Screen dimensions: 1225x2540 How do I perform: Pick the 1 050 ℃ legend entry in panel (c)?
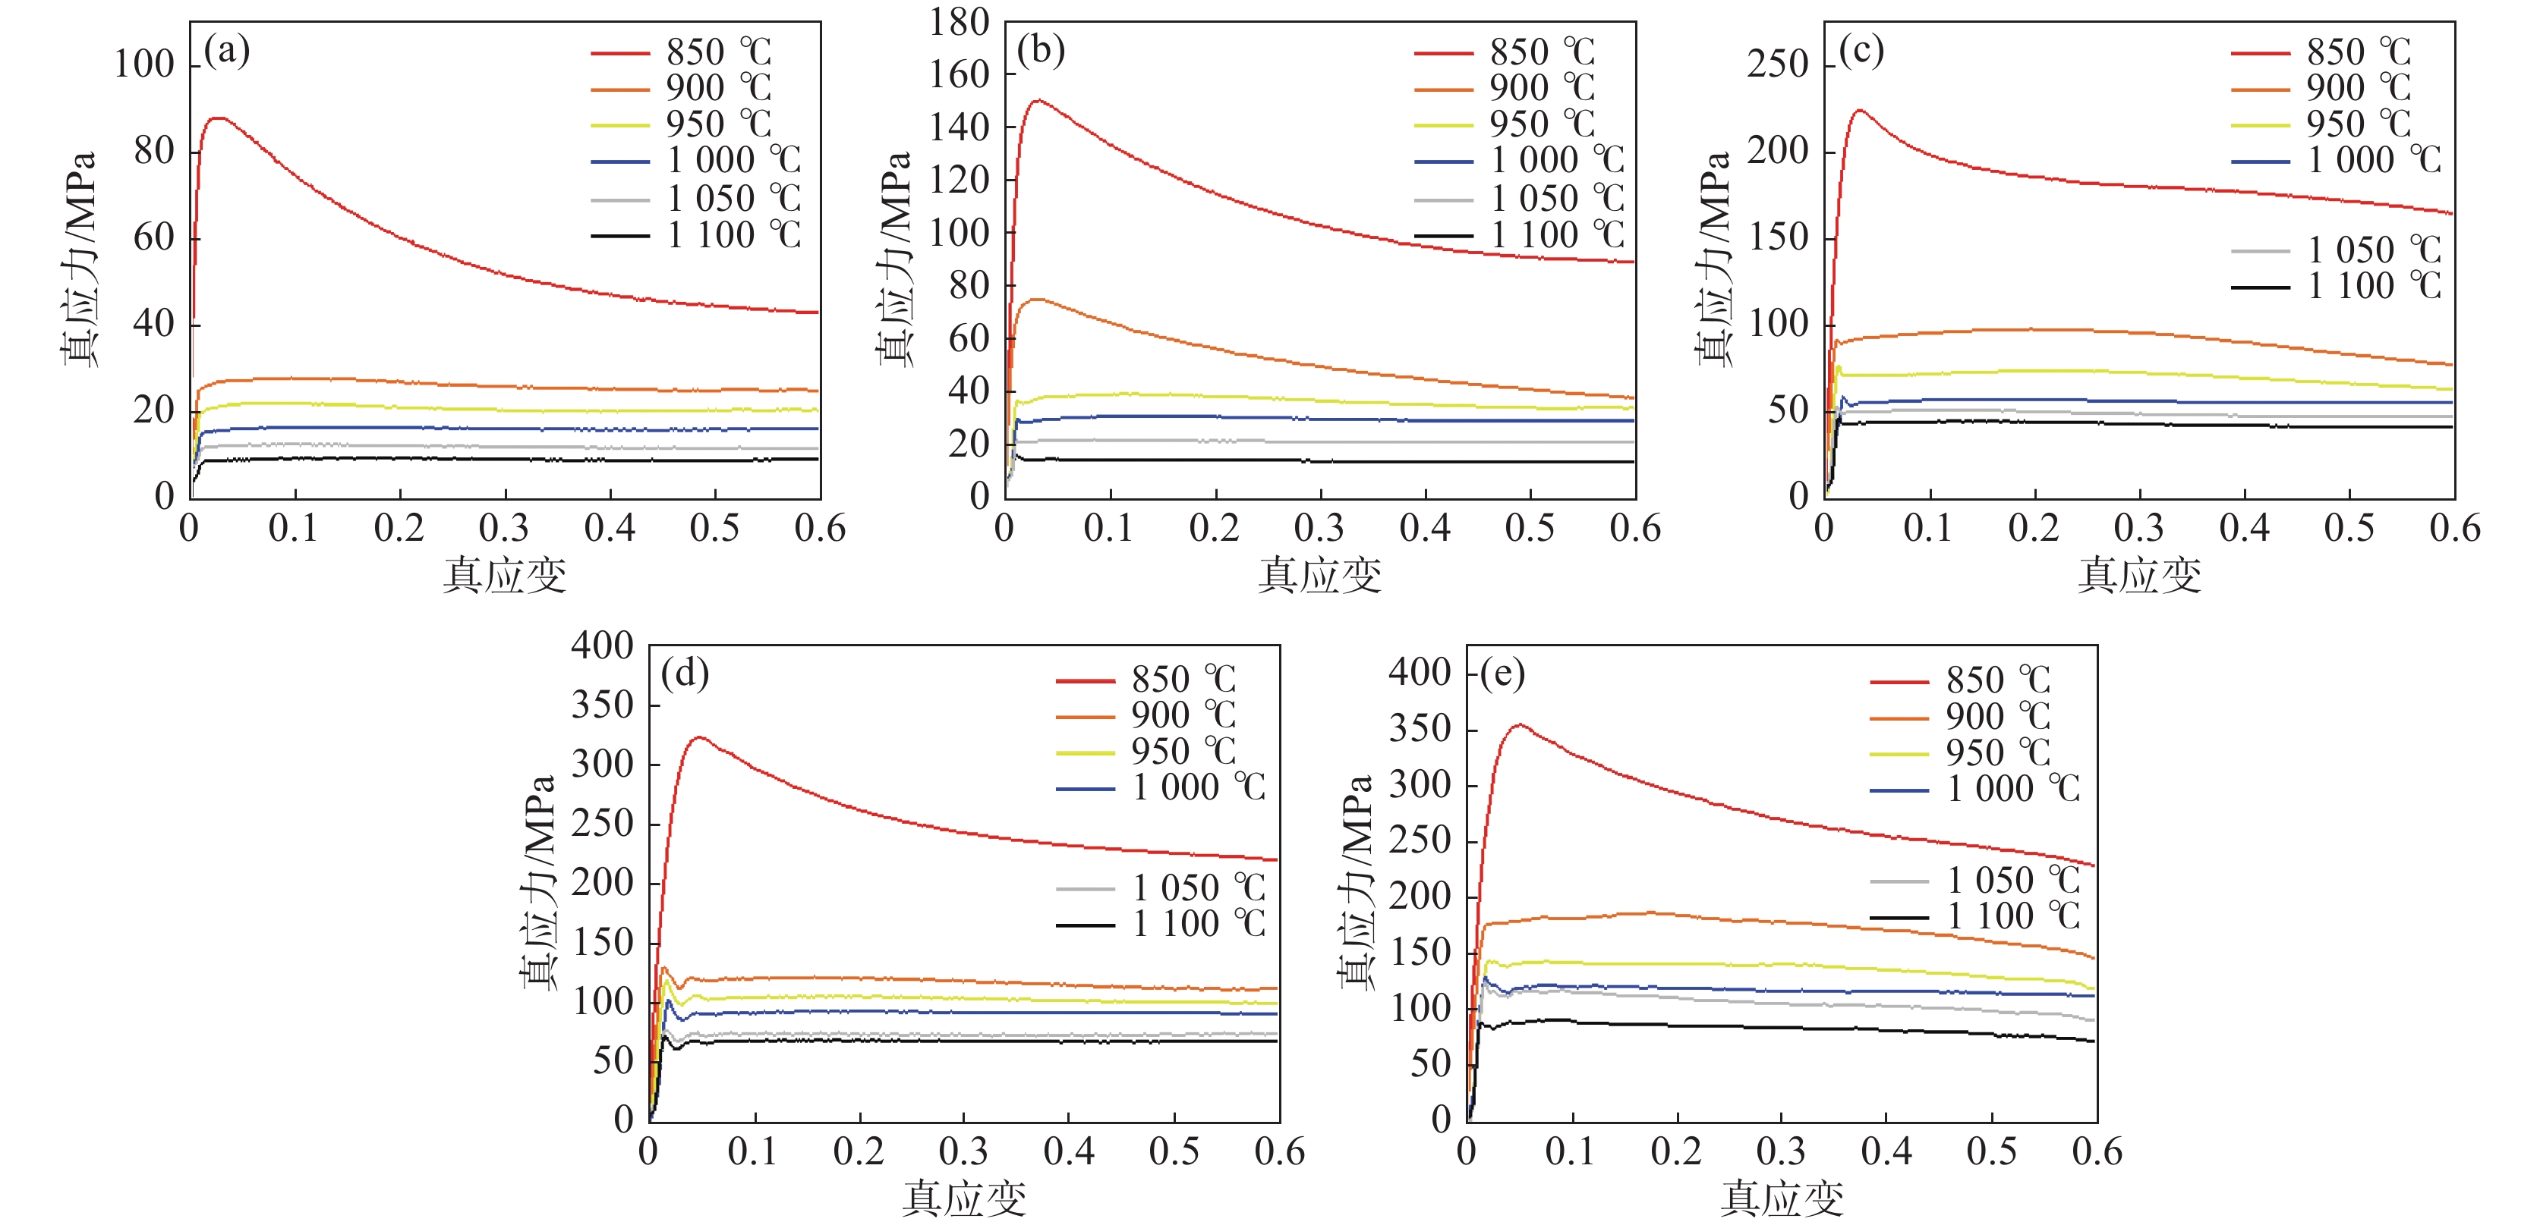pos(2337,250)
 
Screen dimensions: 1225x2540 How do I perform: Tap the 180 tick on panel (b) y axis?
pos(959,22)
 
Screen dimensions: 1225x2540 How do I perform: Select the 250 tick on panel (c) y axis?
pos(1778,65)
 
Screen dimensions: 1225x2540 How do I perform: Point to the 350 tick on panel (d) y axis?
pos(601,705)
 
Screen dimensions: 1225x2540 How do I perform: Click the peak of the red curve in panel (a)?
pos(218,118)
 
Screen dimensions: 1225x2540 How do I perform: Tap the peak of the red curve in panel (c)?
pos(1860,111)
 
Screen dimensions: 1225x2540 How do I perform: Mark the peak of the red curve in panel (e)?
pos(1521,725)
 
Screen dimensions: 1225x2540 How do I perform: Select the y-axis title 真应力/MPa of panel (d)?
pos(538,882)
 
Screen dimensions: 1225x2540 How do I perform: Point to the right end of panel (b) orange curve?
pos(1634,398)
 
